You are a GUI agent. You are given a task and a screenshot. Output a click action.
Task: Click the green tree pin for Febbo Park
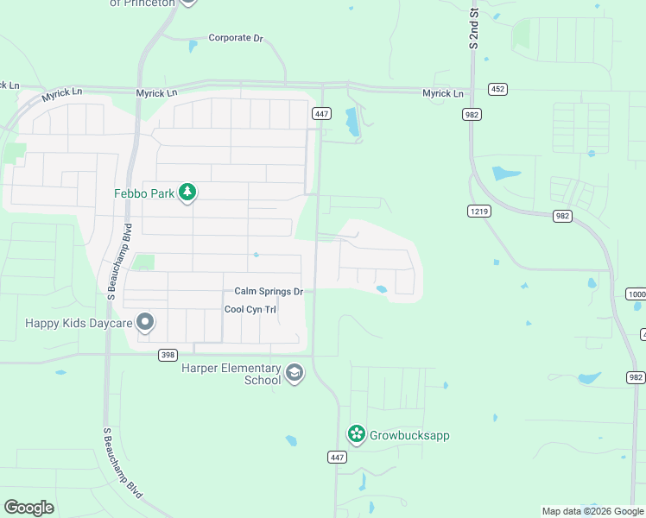(187, 193)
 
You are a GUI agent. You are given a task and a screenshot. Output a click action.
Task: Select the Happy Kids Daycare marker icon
(145, 323)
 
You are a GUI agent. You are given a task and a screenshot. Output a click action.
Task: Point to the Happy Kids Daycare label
(79, 323)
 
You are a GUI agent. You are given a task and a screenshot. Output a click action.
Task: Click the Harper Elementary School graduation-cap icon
(294, 373)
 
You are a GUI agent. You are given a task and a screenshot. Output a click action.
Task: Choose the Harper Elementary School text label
(231, 374)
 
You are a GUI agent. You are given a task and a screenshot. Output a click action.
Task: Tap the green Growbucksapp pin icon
(355, 434)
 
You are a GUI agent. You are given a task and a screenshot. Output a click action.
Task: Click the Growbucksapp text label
(409, 435)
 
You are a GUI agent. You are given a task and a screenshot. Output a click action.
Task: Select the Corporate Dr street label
(236, 38)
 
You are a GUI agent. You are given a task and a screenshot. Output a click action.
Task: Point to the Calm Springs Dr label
(269, 292)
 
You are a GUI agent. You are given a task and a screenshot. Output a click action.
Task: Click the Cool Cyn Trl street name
(250, 309)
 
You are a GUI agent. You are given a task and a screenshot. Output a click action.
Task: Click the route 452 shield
(497, 89)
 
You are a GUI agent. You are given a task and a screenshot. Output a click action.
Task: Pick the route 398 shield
(168, 355)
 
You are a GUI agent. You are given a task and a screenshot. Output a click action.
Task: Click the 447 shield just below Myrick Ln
(321, 114)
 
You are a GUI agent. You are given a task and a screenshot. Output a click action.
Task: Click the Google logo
(28, 508)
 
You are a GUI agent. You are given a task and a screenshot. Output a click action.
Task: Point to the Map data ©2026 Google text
(592, 511)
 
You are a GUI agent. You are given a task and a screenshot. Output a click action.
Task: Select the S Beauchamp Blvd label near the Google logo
(122, 463)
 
